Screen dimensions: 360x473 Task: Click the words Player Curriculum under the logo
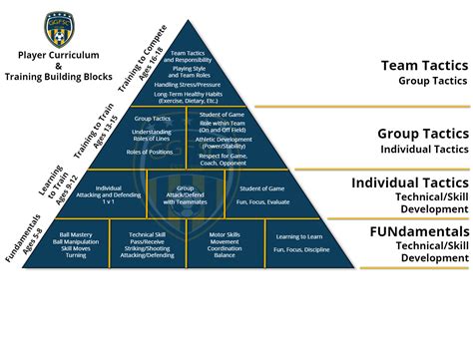coord(58,57)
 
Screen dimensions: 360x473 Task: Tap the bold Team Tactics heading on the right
coord(424,66)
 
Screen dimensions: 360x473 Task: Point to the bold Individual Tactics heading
coord(410,182)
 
